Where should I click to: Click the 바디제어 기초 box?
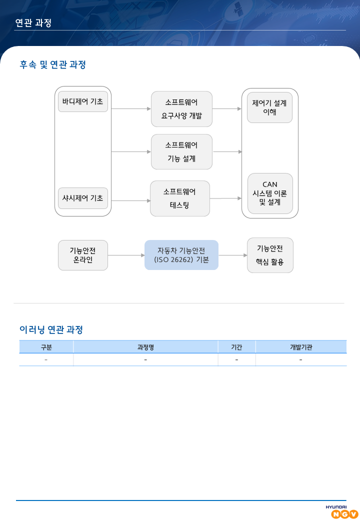click(x=83, y=101)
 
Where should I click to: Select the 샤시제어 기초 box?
click(x=83, y=198)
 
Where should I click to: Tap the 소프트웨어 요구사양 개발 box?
click(x=181, y=109)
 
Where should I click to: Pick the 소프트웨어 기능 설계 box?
click(x=181, y=151)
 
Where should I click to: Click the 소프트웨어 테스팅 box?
click(x=179, y=198)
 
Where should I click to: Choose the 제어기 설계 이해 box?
click(x=270, y=107)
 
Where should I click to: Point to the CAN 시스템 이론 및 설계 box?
click(x=270, y=193)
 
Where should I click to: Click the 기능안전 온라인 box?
click(x=83, y=255)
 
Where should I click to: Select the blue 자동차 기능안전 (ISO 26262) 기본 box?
click(x=181, y=255)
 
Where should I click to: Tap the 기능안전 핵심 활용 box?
click(x=270, y=255)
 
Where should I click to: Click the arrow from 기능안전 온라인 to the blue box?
click(x=126, y=255)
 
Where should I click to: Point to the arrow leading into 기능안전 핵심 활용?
click(x=233, y=255)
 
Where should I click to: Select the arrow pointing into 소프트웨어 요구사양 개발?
click(x=131, y=109)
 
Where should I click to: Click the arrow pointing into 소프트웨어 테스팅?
click(x=130, y=200)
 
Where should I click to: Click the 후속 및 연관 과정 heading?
click(x=53, y=64)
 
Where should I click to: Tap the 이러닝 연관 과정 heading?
click(x=51, y=329)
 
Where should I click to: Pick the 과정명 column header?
click(x=145, y=347)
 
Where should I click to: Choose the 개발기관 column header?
click(x=300, y=347)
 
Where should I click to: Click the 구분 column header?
click(x=46, y=347)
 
